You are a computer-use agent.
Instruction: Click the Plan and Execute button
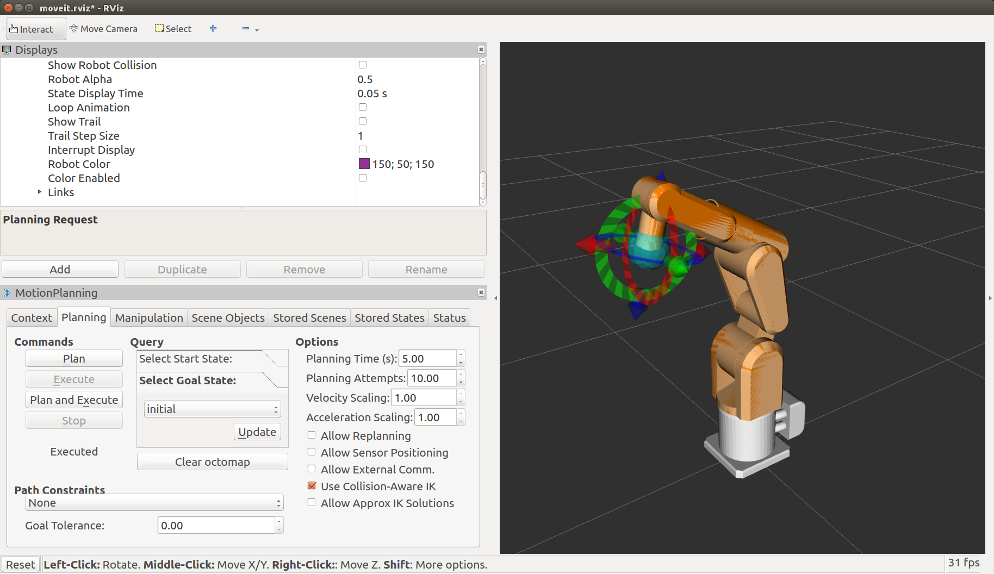click(74, 400)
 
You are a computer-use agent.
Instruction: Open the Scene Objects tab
click(228, 318)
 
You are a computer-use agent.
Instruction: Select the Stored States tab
click(389, 318)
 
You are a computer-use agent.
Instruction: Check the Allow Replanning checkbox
click(312, 435)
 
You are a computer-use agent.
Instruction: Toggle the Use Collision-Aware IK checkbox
click(312, 486)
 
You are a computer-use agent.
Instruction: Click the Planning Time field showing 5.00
click(427, 359)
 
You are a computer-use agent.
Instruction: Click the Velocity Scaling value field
click(424, 398)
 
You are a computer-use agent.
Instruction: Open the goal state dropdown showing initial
click(213, 409)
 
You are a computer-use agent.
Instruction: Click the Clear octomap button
click(213, 462)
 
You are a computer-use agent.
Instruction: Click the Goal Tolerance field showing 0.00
click(216, 526)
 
